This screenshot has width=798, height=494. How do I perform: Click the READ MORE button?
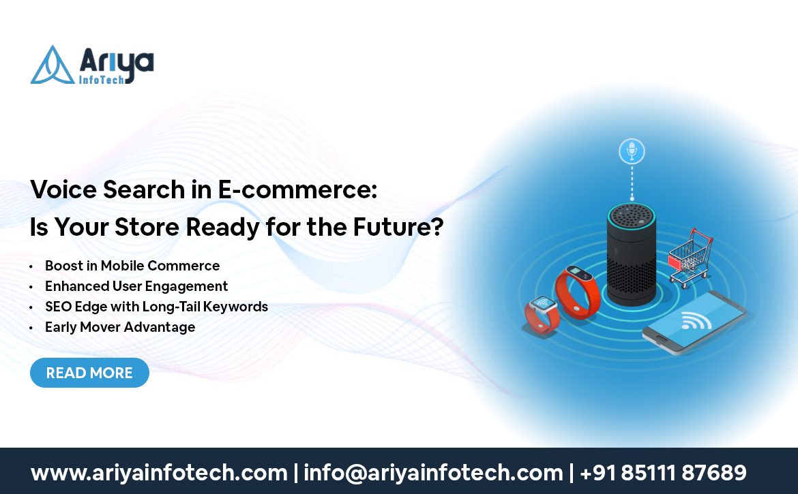click(x=89, y=373)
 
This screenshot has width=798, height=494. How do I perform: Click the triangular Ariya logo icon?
click(x=53, y=66)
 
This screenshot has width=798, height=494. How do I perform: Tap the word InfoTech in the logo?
click(x=102, y=80)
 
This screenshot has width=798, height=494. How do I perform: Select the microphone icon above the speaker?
click(x=632, y=151)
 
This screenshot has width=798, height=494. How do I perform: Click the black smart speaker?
click(x=632, y=254)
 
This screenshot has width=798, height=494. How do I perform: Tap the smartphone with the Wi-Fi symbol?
click(x=695, y=322)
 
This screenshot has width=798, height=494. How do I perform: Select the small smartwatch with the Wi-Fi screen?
click(x=542, y=314)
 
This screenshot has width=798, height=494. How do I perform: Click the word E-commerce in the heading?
click(x=298, y=189)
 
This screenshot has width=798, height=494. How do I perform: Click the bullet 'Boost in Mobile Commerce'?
click(x=132, y=266)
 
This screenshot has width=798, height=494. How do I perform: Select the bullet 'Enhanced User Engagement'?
click(x=136, y=286)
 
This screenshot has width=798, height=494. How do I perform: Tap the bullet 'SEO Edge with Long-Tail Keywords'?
click(x=156, y=307)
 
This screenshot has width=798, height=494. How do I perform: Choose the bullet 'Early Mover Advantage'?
click(x=120, y=327)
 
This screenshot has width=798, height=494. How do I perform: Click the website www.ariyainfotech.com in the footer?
click(x=160, y=473)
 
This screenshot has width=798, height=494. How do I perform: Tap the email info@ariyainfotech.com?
click(x=433, y=473)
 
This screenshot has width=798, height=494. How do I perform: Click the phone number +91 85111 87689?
click(x=663, y=473)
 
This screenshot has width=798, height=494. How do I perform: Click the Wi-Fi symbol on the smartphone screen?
click(x=696, y=320)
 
